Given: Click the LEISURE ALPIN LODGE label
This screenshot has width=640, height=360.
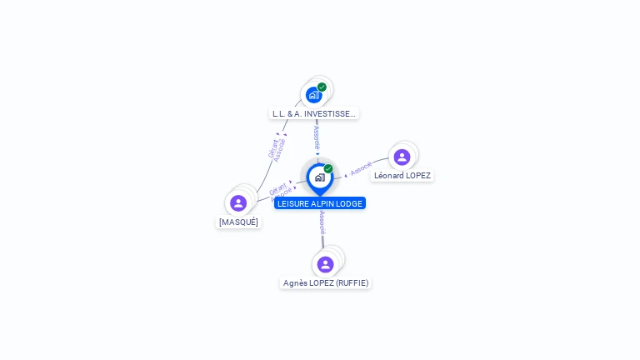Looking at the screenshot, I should coord(320,203).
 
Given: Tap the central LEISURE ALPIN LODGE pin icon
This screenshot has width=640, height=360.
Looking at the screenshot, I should coord(319,177).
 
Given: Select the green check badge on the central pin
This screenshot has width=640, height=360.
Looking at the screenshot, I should coord(328,168).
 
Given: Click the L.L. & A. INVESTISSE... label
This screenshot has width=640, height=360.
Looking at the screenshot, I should coord(314,113).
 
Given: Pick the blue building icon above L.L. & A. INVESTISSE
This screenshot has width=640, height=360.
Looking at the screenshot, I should coord(313,95).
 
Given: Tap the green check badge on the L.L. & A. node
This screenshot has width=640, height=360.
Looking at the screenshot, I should coord(322,87).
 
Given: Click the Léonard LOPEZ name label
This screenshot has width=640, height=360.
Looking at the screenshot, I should coord(402,175).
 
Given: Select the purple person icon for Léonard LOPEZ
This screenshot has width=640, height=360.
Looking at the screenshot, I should coord(402,157).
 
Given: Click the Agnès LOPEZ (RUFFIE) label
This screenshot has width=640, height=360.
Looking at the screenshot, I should coord(325,282).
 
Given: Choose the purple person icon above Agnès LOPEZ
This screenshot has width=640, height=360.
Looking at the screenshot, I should coord(325,264).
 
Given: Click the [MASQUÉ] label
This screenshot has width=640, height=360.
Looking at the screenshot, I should coord(238,222).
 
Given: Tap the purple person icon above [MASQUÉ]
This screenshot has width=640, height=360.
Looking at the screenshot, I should coord(238,202).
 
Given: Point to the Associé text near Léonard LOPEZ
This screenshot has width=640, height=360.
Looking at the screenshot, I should coord(361,169).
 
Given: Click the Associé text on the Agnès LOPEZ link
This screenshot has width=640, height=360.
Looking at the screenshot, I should coord(322,222).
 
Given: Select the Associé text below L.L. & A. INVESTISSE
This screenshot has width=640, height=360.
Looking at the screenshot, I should coord(317,137).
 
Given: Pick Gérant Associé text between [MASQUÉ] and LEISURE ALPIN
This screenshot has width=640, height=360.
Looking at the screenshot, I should coord(280,192).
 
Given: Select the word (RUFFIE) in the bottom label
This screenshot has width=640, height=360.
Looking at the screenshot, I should coord(352,282).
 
